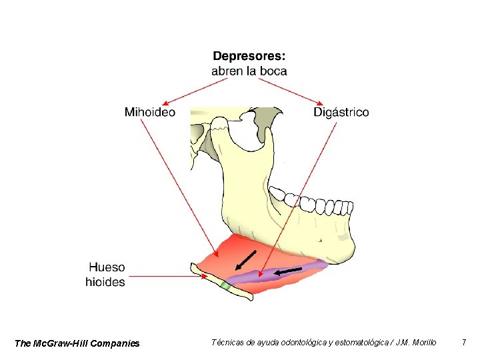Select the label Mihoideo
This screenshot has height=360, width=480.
pos(150,112)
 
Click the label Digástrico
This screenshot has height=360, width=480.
pos(341,112)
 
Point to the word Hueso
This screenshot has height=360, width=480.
pos(107,267)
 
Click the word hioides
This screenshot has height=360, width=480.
pos(105,282)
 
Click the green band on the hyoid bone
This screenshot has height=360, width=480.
pos(225,286)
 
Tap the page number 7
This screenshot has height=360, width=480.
pos(463,343)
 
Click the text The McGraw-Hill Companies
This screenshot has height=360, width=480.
pos(77,343)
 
